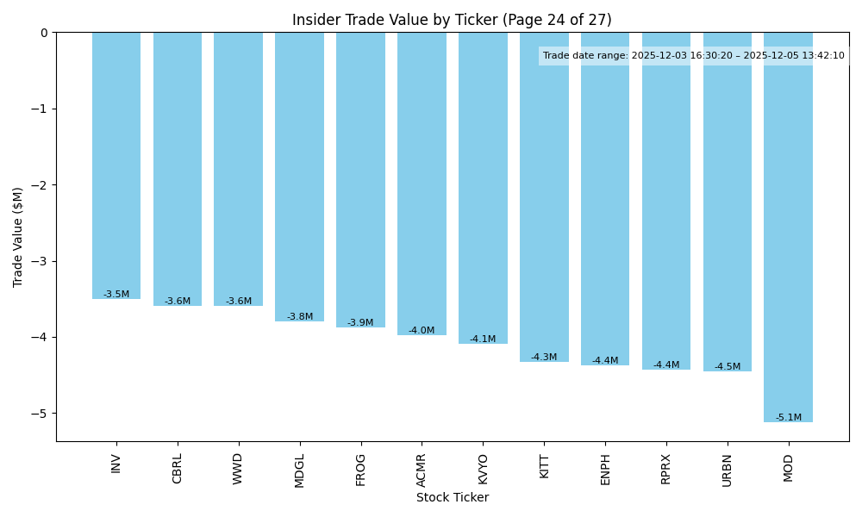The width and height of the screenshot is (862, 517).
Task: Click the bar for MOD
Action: (788, 227)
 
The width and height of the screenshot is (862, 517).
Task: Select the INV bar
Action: (116, 165)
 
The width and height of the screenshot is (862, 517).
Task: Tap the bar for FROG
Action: (360, 180)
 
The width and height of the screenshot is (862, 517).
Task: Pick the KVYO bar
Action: (483, 188)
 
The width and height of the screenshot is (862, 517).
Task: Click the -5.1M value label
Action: (788, 418)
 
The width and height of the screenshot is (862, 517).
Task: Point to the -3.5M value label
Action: (116, 295)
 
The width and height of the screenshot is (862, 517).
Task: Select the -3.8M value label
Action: (300, 317)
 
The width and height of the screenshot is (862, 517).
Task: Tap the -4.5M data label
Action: (727, 367)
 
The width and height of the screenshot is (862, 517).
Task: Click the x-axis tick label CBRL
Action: (178, 468)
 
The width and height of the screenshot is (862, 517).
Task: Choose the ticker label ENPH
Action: (605, 469)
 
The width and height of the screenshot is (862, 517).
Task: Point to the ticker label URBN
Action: (727, 470)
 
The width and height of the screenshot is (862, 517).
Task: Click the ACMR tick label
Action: (422, 470)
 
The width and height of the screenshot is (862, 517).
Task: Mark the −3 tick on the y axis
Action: (41, 261)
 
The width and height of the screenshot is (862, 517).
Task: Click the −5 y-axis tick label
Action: (41, 414)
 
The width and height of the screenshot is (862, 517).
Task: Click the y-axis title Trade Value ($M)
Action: (18, 237)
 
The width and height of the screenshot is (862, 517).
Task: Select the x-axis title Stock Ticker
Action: (453, 498)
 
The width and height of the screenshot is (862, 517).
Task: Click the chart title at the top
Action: (452, 20)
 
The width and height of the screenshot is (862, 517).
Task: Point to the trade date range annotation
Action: (693, 56)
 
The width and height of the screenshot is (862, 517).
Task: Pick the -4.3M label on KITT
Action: (544, 358)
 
